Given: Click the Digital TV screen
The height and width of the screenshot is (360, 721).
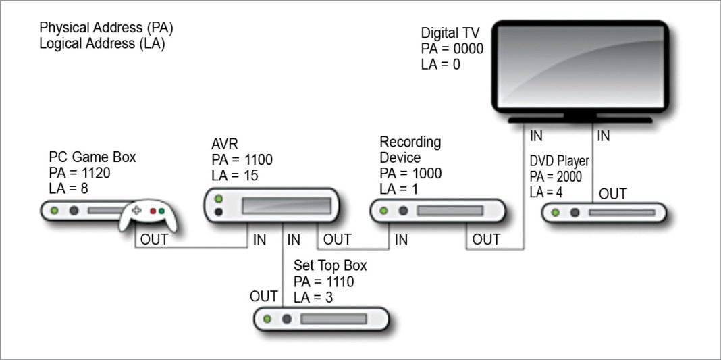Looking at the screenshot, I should click(x=579, y=67).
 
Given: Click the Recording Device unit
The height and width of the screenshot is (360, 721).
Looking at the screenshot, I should click(x=437, y=211).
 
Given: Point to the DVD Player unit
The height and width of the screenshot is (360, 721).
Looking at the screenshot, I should click(x=604, y=213).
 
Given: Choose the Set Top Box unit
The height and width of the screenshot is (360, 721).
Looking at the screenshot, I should click(x=321, y=318).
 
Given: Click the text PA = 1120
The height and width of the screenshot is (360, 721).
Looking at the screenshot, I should click(x=80, y=172).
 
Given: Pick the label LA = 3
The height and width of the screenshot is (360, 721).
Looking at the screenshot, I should click(x=314, y=297).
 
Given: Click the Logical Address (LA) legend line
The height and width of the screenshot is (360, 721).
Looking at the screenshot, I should click(x=102, y=44).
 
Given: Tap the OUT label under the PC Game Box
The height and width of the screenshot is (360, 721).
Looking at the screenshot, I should click(x=155, y=239).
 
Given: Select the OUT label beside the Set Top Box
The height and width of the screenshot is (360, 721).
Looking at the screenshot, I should click(x=263, y=297).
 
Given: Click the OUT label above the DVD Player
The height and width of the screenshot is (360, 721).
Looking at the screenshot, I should click(x=613, y=194).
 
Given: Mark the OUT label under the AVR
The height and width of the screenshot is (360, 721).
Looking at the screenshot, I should click(x=337, y=239).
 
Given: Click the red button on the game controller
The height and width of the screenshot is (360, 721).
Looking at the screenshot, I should click(x=153, y=211).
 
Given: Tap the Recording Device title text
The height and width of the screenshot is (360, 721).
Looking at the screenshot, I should click(x=410, y=150).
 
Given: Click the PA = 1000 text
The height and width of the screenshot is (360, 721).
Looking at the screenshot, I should click(x=410, y=173).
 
